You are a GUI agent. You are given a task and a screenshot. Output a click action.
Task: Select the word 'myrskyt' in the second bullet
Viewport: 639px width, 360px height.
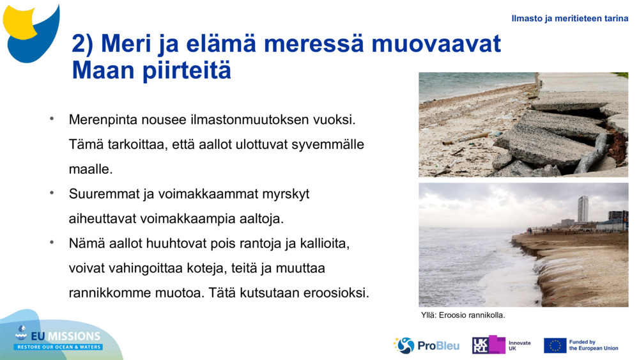(x=286, y=194)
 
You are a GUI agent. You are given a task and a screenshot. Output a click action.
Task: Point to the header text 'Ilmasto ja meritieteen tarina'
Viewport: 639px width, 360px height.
(x=569, y=19)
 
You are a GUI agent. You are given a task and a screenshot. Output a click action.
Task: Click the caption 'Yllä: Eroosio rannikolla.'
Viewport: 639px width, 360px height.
(x=463, y=315)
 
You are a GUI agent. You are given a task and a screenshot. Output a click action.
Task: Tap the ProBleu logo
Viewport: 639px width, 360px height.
(x=426, y=345)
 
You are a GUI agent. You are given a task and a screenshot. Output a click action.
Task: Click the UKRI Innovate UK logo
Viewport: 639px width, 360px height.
(x=502, y=345)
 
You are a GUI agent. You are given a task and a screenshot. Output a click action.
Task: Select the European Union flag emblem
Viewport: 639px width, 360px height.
(x=555, y=345)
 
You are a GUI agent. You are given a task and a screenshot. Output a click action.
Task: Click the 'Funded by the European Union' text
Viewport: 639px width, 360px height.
(x=593, y=345)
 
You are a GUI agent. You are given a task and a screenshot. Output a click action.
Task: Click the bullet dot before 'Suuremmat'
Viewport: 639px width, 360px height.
(x=52, y=192)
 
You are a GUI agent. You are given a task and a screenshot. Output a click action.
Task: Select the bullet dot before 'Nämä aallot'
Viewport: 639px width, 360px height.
(x=52, y=242)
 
